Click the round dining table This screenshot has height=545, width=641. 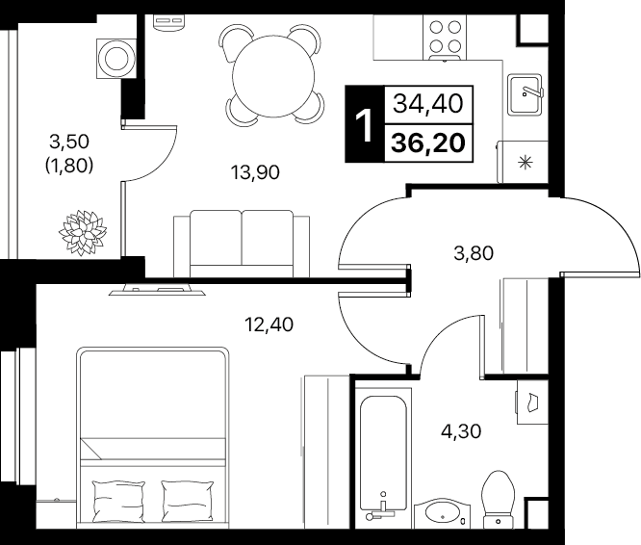tap(273, 76)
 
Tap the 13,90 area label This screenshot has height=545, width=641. tap(255, 172)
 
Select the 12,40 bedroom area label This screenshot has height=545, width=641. tap(269, 324)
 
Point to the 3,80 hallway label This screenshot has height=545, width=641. tap(474, 253)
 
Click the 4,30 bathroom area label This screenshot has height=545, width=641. tap(461, 431)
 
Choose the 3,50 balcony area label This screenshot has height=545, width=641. tap(69, 142)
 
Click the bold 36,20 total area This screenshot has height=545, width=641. tap(428, 143)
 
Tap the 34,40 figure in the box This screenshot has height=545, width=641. tap(428, 103)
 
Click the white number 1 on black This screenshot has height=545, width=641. tap(364, 124)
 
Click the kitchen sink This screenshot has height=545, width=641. tap(525, 94)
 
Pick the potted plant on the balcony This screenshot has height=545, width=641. tap(83, 232)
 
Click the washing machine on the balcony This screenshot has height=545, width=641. tap(116, 58)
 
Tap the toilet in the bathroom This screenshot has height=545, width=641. tap(499, 500)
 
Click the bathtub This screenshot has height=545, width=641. tap(383, 453)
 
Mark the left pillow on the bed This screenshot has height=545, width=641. tap(118, 501)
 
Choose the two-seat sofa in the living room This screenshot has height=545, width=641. tap(242, 244)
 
